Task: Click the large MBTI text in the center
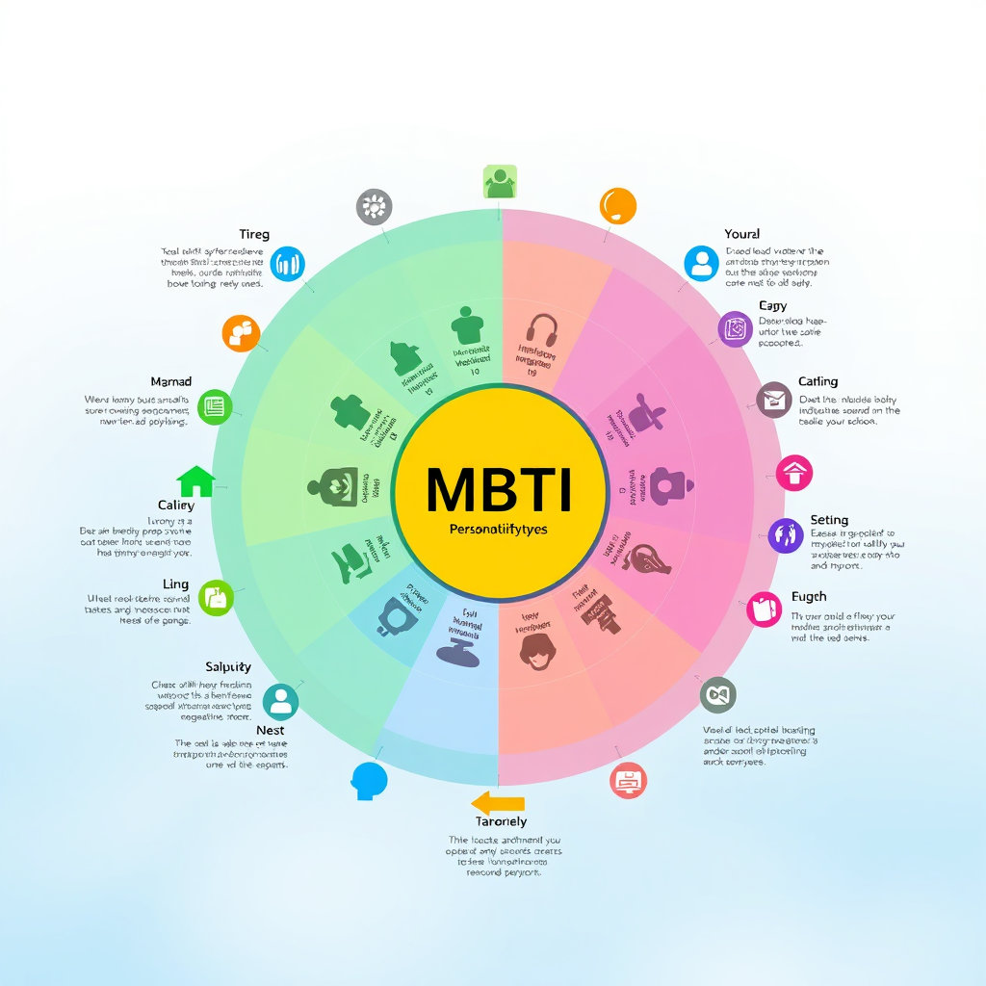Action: (x=499, y=489)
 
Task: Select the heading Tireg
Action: (x=254, y=234)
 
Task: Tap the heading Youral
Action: (x=741, y=234)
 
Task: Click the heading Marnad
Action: (x=171, y=382)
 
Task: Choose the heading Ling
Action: (x=176, y=584)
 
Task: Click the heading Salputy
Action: (x=228, y=666)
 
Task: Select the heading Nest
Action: (x=270, y=730)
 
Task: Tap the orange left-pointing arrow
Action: (x=498, y=803)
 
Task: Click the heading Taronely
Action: (x=502, y=821)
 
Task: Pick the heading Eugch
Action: (x=809, y=597)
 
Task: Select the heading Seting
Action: (x=829, y=520)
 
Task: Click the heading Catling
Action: (x=817, y=381)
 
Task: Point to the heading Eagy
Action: (x=772, y=306)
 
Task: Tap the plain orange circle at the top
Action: (x=617, y=206)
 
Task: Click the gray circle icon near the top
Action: (x=374, y=206)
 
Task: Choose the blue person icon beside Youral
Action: (x=702, y=262)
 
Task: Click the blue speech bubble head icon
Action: (x=369, y=780)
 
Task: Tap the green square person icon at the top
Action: (x=500, y=182)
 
